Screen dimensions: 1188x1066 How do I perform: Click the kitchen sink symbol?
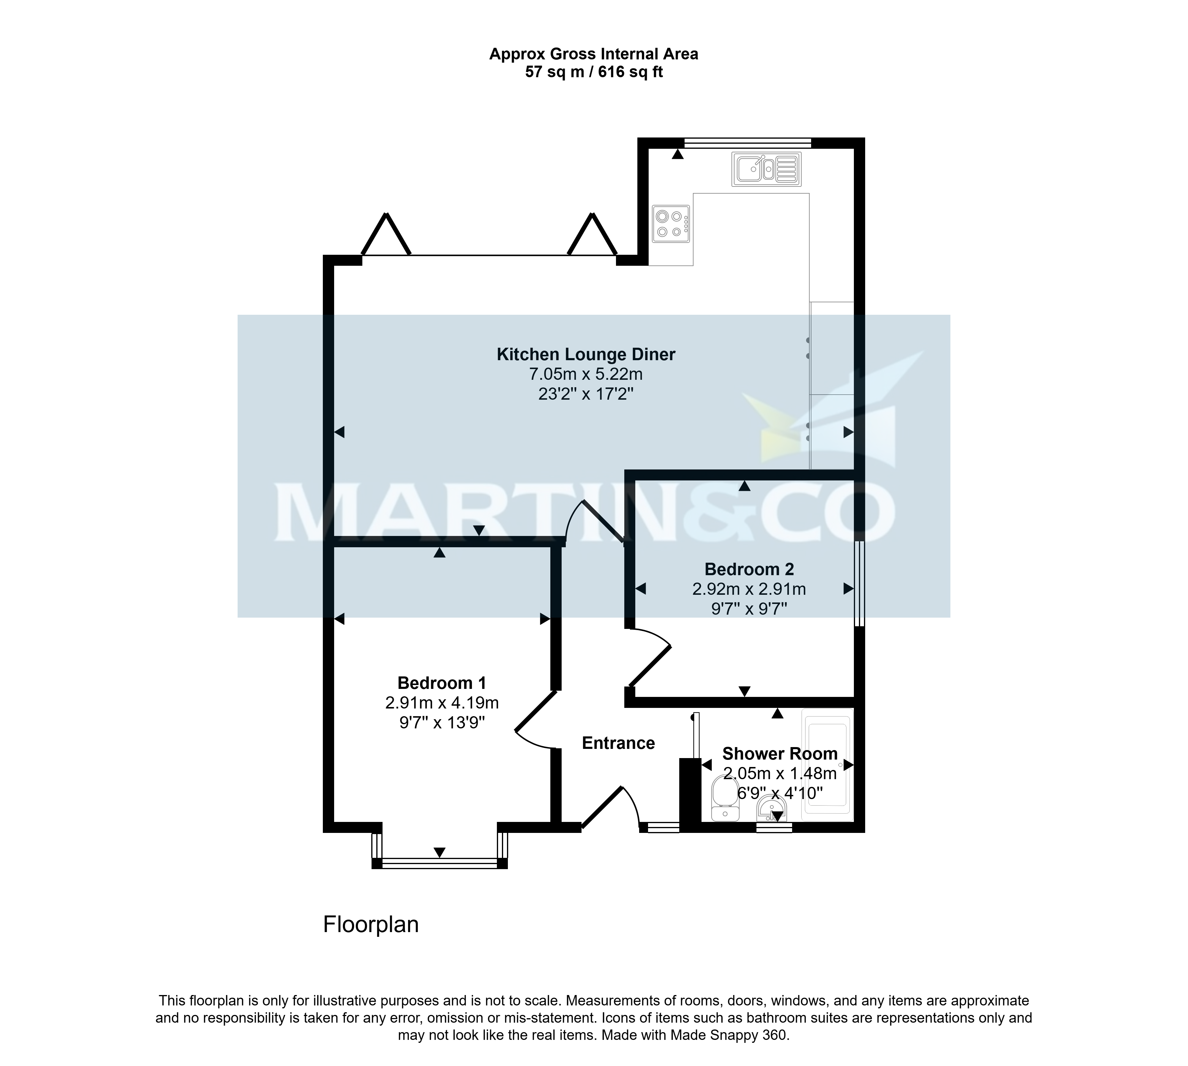(766, 169)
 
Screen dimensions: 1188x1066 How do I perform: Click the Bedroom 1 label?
(442, 683)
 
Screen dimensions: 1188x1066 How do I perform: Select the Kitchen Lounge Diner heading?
(586, 354)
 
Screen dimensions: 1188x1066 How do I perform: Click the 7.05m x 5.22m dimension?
(586, 374)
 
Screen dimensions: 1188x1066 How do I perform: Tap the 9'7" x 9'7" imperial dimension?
(749, 608)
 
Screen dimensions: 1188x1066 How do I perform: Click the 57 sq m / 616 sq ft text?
(594, 72)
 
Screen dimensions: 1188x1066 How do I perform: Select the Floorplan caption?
(371, 924)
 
